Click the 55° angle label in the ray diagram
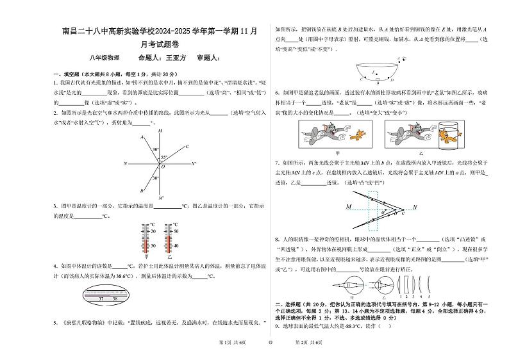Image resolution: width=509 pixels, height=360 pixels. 164,157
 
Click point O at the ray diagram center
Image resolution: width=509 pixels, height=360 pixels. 163,166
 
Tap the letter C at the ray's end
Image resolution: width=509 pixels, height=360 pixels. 187,146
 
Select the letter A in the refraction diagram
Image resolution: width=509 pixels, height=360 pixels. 141,137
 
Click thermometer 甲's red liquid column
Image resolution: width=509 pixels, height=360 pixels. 153,243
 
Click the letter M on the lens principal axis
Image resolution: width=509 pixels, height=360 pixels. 349,208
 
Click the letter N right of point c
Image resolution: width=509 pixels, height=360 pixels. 415,208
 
